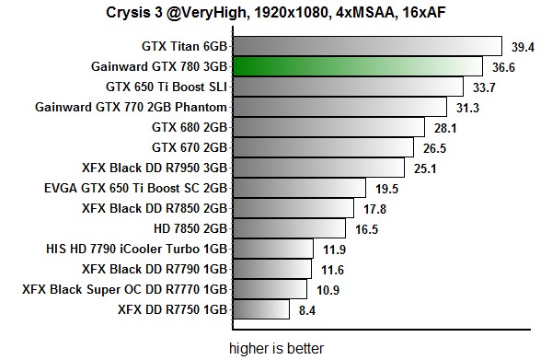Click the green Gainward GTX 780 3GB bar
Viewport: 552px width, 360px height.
(358, 66)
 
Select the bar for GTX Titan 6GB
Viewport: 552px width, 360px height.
(366, 46)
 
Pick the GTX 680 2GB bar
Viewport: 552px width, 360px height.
(328, 127)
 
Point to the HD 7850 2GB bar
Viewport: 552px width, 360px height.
(289, 228)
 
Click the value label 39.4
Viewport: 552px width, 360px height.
(523, 46)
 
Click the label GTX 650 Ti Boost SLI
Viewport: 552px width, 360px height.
(167, 87)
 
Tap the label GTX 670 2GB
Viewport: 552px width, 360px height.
(190, 147)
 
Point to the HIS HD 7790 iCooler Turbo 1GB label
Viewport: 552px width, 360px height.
(136, 249)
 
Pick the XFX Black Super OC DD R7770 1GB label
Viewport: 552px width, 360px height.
(124, 289)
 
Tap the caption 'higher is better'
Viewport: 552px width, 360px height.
(276, 348)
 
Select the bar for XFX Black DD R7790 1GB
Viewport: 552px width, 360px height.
(271, 269)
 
